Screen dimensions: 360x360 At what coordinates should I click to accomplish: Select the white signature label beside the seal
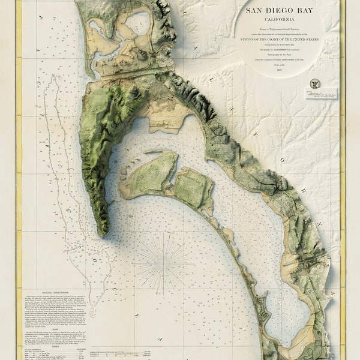click(322, 94)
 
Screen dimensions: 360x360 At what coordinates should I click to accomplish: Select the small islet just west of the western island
click(123, 191)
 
